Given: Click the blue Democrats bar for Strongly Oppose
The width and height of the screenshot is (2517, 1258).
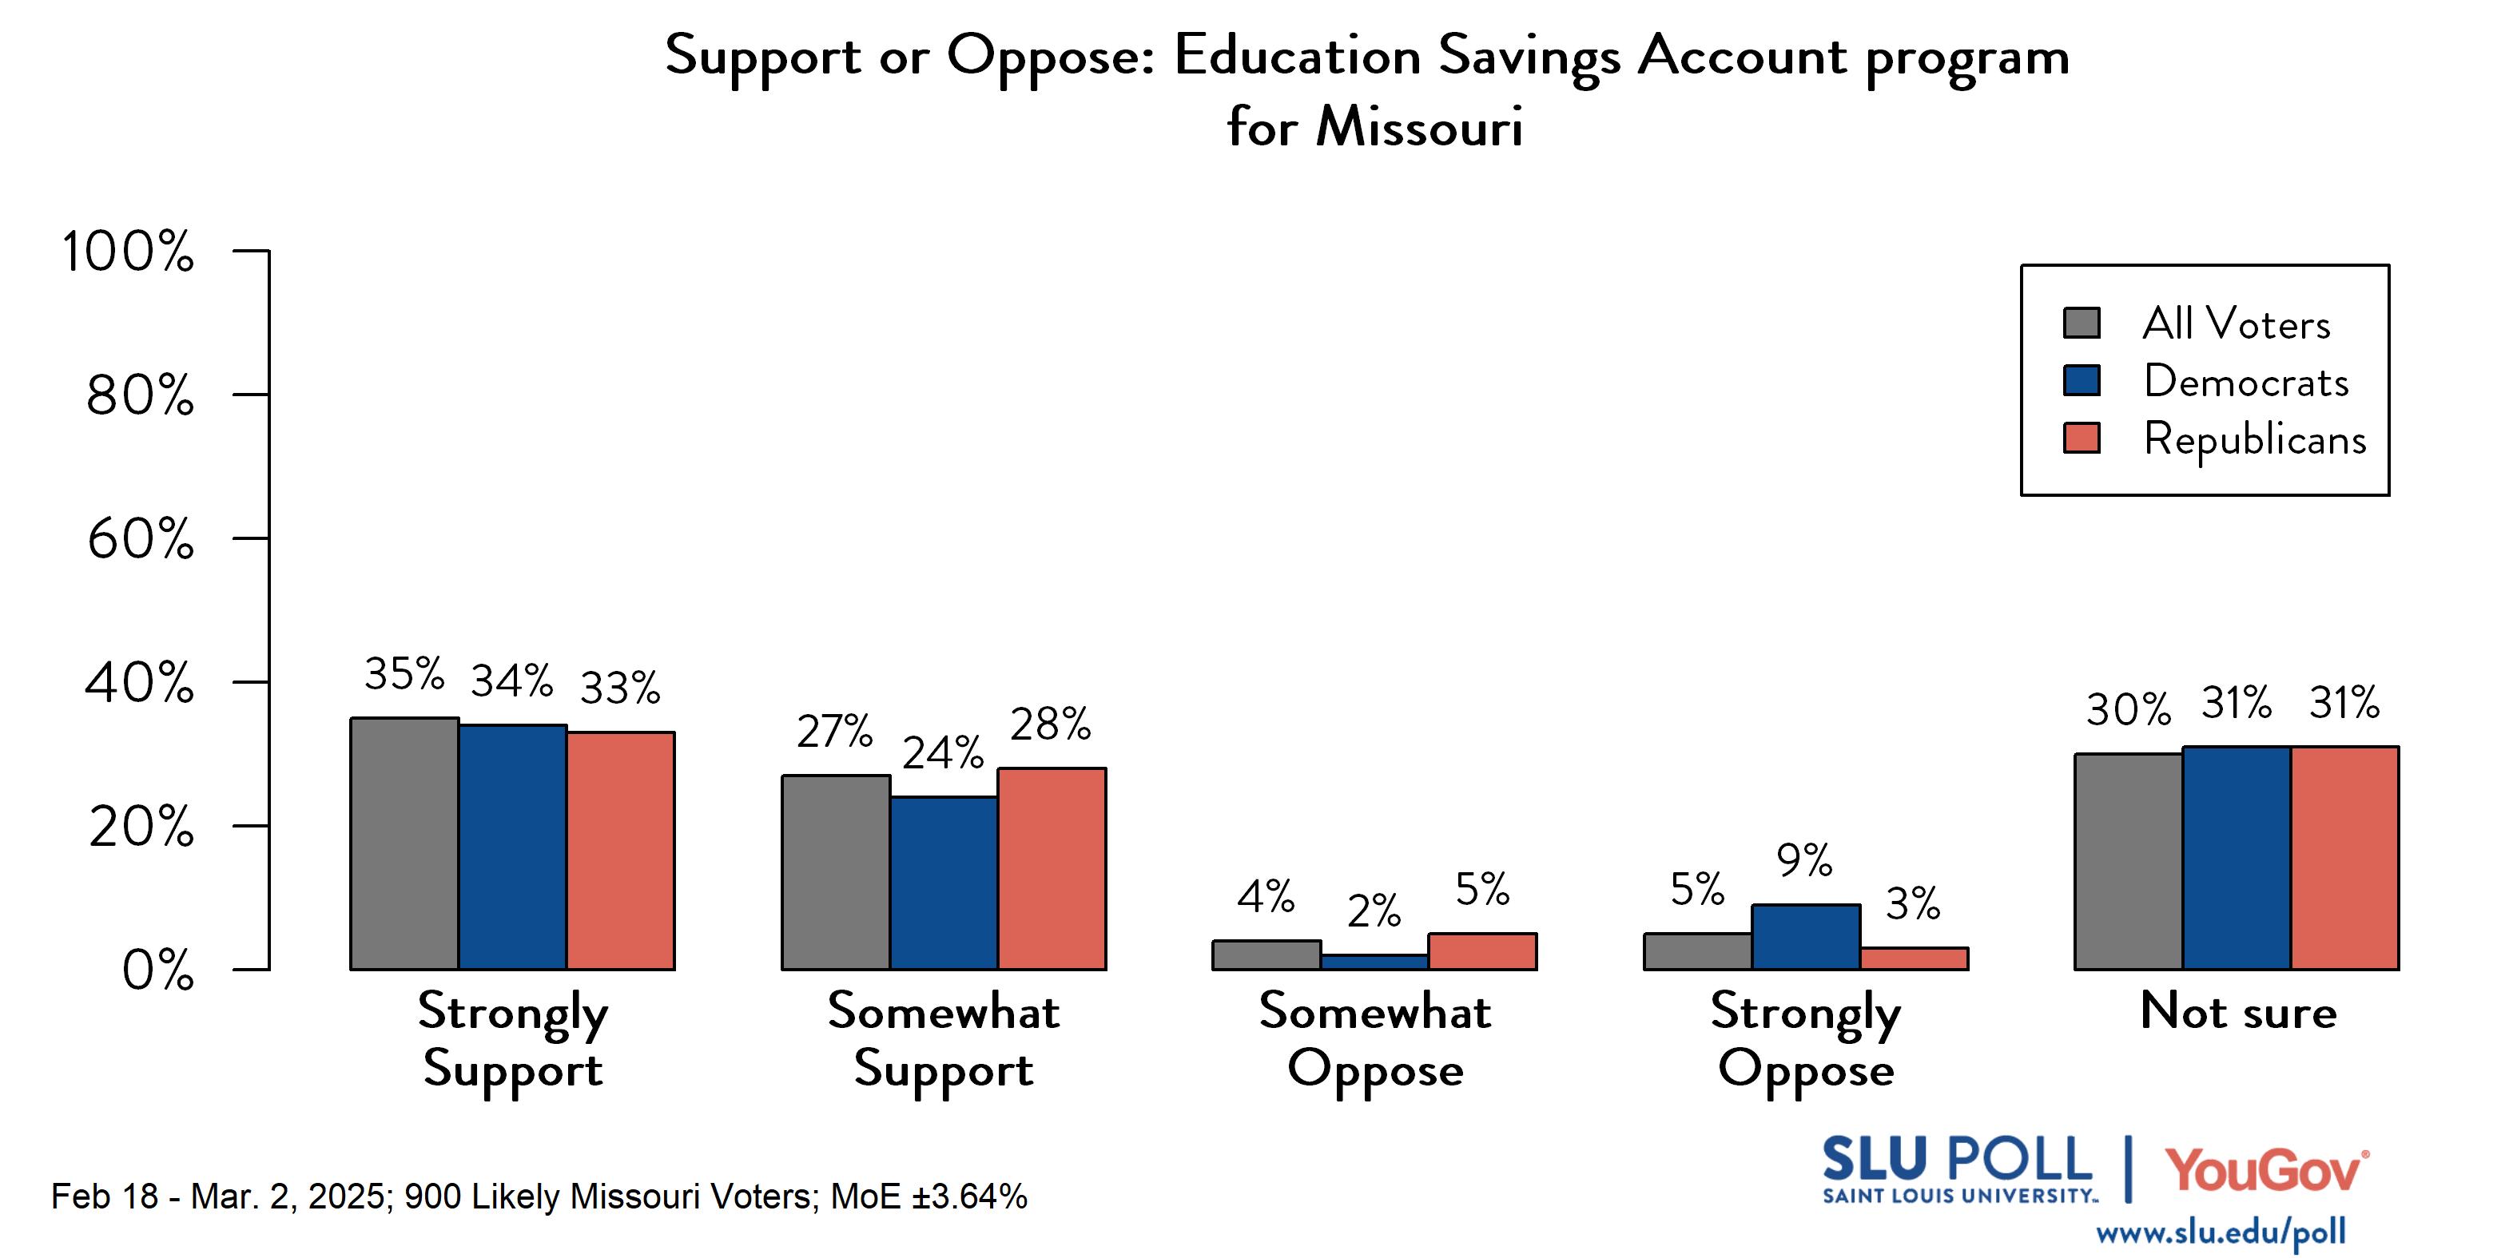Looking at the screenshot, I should [x=1805, y=937].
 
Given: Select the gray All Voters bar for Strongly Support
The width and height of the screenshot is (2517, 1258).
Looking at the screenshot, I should [x=404, y=844].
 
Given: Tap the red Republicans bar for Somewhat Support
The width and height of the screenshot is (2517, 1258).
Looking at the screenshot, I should [x=1052, y=868].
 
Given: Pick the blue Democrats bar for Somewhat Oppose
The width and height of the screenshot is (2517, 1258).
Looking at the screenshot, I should [x=1374, y=962].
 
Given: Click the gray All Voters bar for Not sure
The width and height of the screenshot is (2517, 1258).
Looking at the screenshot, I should [x=2128, y=862].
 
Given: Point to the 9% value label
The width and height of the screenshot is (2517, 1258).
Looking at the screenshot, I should [x=1803, y=860].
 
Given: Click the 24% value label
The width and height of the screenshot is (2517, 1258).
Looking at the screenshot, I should [x=942, y=753].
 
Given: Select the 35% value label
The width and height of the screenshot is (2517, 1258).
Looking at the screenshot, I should [x=404, y=674].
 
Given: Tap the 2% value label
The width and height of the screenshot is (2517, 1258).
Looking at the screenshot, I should [x=1374, y=911].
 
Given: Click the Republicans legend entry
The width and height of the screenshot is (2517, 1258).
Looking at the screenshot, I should [x=2253, y=439].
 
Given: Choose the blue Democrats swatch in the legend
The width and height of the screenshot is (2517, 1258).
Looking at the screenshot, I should [x=2082, y=380].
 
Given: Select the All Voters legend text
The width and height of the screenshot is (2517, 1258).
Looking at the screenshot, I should [x=2236, y=323].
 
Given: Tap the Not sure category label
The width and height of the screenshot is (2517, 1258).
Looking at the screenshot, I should [x=2237, y=1011].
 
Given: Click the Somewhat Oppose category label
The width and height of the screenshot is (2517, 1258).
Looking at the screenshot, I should [x=1375, y=1039].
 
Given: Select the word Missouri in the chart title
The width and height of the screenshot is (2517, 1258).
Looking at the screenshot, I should [x=1419, y=127].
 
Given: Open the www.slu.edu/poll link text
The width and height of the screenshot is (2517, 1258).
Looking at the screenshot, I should [x=2220, y=1232].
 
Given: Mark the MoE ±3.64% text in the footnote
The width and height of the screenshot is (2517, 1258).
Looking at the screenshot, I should [x=928, y=1196].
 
